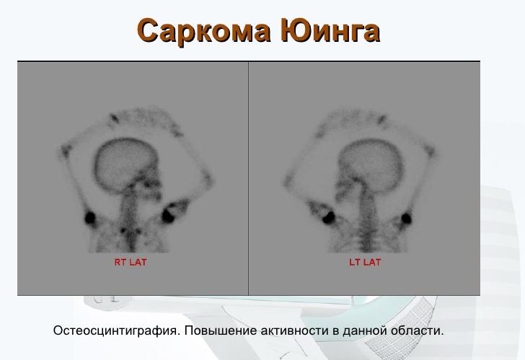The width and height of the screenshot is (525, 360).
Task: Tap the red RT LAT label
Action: [x=131, y=262]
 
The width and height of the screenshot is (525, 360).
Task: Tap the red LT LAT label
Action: [x=364, y=262]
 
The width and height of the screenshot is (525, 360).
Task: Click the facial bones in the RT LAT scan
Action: [x=150, y=184]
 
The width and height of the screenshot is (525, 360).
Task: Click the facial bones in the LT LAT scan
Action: [x=345, y=186]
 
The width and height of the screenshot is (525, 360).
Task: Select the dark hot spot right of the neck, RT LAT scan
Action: [x=171, y=214]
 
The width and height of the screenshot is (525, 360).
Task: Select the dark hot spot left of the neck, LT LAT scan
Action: [x=323, y=214]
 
